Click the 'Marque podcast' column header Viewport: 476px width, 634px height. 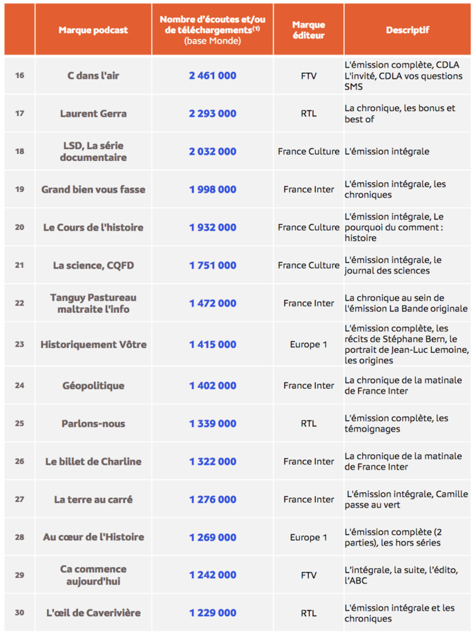93,30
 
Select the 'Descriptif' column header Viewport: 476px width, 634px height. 407,30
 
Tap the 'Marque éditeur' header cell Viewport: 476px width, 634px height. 308,30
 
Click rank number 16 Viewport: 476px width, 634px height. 19,75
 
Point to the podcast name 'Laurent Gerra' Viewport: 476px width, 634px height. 93,113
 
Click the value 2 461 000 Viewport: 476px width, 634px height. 212,75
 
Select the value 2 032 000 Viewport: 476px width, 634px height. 212,151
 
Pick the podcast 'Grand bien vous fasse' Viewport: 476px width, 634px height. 93,189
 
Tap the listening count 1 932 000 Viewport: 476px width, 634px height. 212,227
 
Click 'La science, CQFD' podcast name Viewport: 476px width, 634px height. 93,265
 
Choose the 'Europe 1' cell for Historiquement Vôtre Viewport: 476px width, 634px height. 308,344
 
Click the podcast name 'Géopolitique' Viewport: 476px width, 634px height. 93,385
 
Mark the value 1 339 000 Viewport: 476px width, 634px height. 212,423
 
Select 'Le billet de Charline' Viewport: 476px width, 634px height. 93,461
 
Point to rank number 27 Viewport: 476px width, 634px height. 19,499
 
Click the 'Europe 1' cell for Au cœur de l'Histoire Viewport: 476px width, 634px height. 308,537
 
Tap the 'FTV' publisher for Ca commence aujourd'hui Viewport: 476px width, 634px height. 308,575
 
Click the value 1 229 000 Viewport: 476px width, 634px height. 212,613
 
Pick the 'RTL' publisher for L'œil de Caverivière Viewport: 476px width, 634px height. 308,613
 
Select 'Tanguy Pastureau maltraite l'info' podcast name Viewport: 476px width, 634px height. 93,303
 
